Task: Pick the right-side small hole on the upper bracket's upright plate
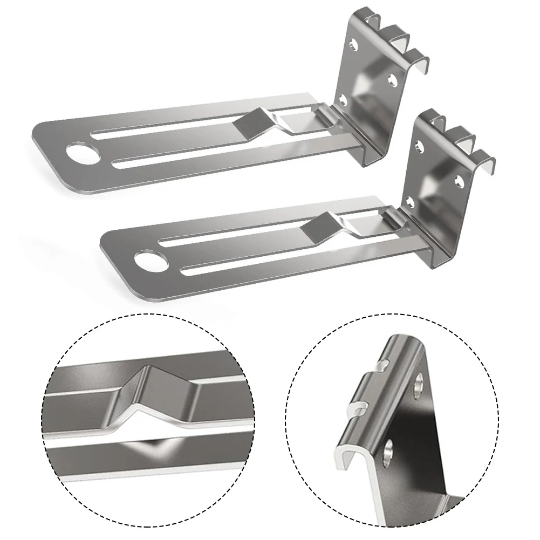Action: (392, 80)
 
